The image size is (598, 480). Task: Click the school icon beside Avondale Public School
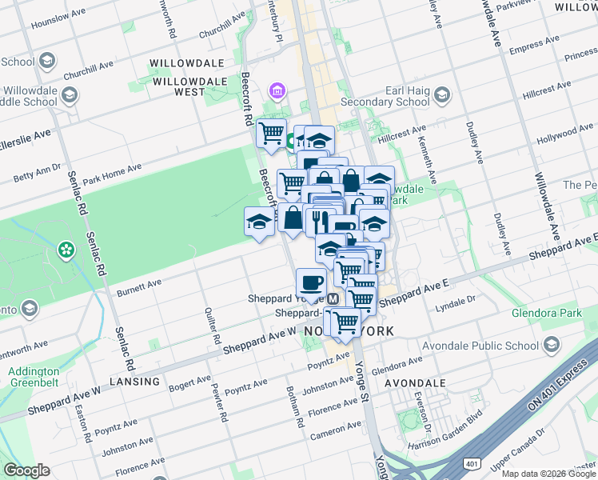click(550, 345)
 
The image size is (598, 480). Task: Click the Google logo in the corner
click(27, 470)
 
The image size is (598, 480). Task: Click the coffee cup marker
click(310, 282)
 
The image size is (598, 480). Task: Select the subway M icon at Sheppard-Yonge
click(333, 298)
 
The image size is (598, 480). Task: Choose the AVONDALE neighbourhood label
click(415, 383)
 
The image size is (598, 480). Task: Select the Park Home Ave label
click(112, 173)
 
